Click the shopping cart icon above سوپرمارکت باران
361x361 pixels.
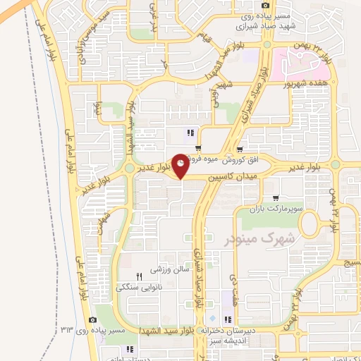(275, 179)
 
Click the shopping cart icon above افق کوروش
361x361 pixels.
(240, 149)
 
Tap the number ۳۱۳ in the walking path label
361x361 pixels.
(68, 330)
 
